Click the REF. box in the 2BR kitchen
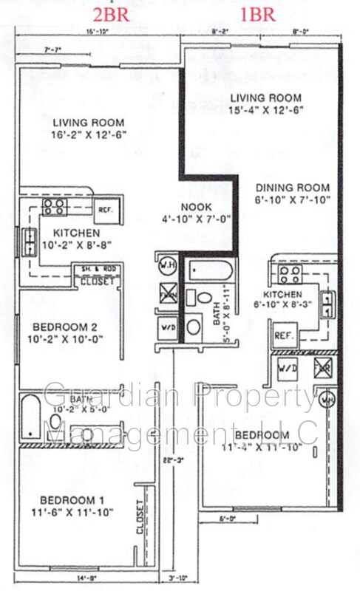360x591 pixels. (x=105, y=209)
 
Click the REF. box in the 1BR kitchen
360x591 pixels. (x=285, y=335)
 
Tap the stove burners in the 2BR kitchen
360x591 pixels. (x=54, y=207)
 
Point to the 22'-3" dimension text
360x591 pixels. (x=171, y=460)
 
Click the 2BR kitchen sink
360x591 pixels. (x=29, y=238)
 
